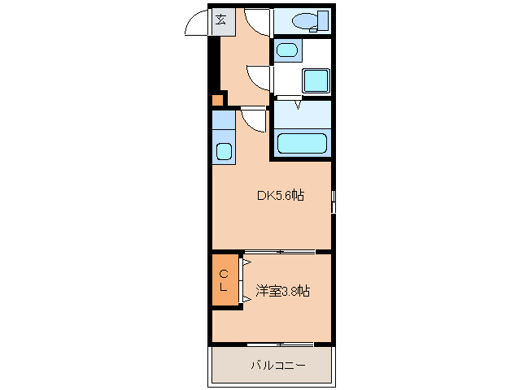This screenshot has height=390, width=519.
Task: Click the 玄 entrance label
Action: point(220,20)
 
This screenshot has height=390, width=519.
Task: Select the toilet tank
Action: point(323,20)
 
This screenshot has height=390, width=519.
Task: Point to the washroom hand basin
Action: point(286,51)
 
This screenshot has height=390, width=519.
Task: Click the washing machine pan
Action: point(315,80)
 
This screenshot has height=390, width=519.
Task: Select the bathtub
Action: point(302,143)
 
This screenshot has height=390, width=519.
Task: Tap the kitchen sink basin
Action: point(224,151)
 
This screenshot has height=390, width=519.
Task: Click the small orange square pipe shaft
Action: point(217,101)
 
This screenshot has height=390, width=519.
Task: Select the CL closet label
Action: point(223,281)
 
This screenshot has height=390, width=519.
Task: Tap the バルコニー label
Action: point(277,366)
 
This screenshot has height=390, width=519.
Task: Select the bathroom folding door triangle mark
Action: point(298,104)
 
